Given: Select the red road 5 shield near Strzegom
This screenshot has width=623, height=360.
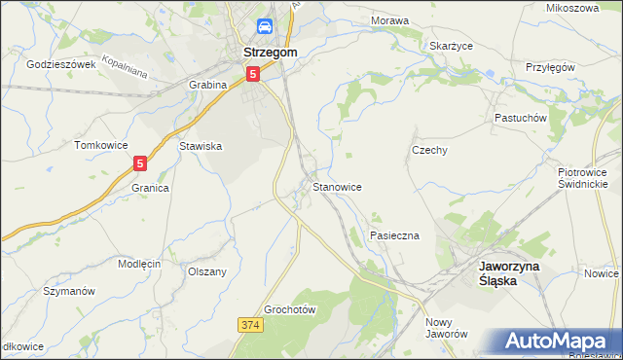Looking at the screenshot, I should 253,73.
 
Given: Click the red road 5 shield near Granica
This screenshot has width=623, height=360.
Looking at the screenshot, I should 141,163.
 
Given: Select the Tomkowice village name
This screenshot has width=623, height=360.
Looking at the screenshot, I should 101,145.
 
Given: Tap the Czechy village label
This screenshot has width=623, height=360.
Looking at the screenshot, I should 429,150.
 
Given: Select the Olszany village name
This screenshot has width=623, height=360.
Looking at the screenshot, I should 207,271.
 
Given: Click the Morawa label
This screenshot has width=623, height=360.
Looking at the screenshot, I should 389,19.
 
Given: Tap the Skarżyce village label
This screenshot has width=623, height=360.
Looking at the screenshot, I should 451,45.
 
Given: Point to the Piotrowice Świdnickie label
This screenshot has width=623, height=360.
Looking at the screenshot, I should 583,177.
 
